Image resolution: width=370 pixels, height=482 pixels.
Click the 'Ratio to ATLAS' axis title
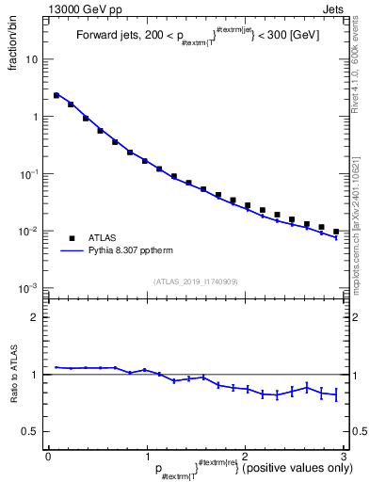click(14, 375)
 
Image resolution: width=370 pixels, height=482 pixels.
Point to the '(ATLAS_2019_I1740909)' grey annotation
click(196, 281)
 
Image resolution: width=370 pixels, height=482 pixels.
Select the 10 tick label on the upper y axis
click(30, 59)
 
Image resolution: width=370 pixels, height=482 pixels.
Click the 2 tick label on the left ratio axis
click(35, 317)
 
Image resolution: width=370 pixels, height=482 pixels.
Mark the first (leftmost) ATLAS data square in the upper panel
click(56, 95)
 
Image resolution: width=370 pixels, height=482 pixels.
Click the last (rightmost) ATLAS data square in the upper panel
click(336, 232)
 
